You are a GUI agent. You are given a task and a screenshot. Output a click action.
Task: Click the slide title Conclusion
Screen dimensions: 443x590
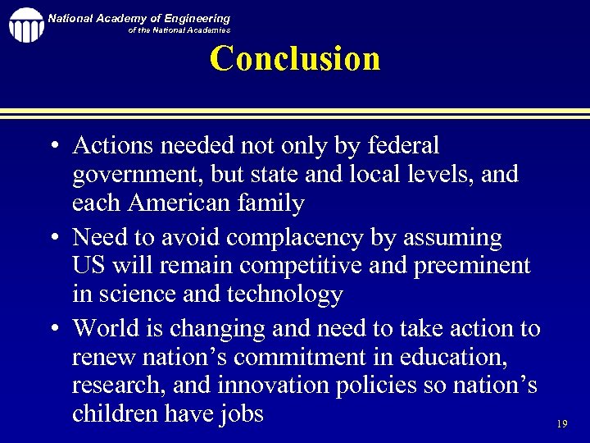tap(295, 59)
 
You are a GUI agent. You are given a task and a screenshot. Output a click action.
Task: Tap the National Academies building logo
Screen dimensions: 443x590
tap(25, 25)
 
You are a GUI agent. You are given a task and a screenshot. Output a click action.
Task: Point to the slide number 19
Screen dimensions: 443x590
tap(561, 424)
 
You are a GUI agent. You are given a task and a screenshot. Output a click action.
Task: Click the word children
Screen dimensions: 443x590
tap(115, 413)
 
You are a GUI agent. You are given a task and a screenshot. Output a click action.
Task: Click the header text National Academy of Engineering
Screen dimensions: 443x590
tap(138, 18)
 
